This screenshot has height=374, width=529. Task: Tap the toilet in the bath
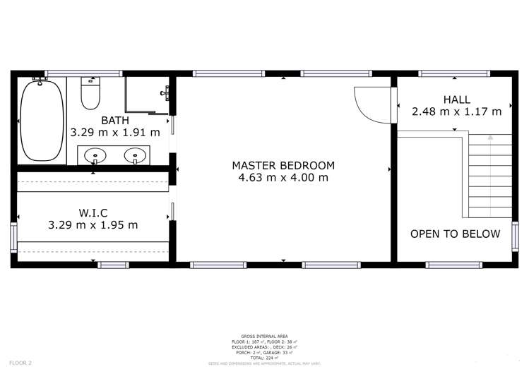pos(90,93)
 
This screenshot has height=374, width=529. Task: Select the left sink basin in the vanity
pos(95,155)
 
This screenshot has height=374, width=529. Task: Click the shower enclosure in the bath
pos(147,95)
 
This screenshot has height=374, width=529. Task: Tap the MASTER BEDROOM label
pos(283,166)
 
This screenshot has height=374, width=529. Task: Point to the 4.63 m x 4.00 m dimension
pos(283,178)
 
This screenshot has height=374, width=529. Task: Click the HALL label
pos(456,99)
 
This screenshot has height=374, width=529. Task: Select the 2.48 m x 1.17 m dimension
pos(456,111)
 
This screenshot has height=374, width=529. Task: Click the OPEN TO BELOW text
pos(456,234)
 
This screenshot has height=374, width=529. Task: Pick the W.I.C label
pos(93,213)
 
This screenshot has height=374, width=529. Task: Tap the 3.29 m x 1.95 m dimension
pos(93,225)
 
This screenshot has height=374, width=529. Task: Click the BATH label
pos(115,120)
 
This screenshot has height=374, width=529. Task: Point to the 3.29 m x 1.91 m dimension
pos(115,132)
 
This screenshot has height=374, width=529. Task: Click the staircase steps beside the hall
pos(489,176)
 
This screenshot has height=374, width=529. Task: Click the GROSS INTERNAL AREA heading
pos(264,336)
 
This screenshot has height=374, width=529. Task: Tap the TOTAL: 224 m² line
pos(264,358)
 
